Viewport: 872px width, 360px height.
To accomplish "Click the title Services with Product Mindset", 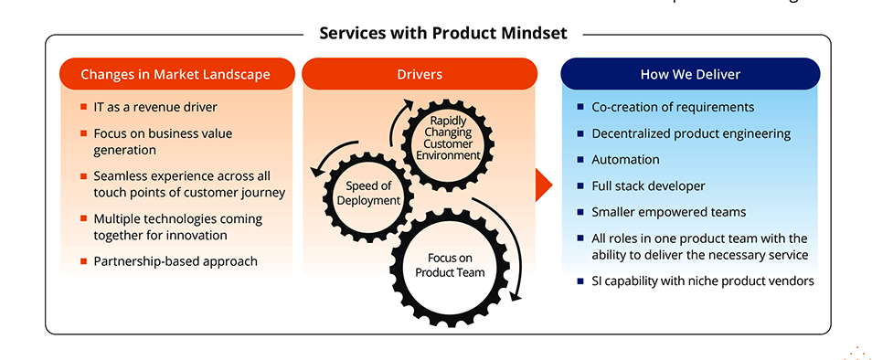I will coord(442,34).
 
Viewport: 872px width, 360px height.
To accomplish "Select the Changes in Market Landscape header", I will coord(175,74).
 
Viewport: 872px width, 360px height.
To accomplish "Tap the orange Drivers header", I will coord(420,74).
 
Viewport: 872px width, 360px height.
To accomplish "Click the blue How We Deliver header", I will coord(690,74).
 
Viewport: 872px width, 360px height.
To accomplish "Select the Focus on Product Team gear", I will coord(448,265).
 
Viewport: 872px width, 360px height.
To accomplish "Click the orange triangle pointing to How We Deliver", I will coord(543,185).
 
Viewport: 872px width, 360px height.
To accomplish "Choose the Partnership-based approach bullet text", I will coord(175,260).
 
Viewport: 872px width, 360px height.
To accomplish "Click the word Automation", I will coord(626,159).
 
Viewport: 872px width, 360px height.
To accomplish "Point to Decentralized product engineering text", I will coord(691,133).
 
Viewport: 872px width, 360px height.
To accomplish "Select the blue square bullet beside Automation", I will coord(580,159).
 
